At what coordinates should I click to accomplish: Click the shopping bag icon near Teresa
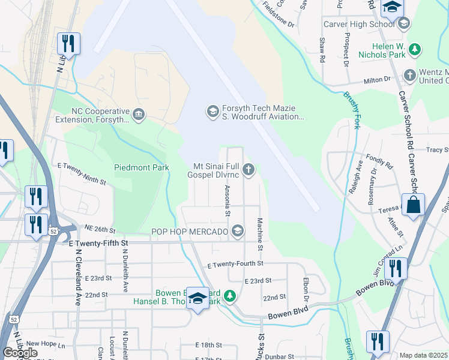click(414, 205)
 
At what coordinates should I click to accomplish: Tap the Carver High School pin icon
click(403, 23)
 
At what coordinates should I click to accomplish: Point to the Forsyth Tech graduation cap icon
click(212, 111)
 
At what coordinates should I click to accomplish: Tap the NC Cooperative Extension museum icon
click(139, 114)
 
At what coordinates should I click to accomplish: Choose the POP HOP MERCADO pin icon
click(238, 231)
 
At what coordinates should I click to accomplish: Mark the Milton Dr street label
click(377, 80)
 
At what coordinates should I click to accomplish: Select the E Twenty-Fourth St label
click(235, 263)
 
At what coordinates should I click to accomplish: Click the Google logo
click(20, 353)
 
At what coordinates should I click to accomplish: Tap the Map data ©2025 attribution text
click(423, 355)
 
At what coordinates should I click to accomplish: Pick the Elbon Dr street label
click(306, 293)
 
